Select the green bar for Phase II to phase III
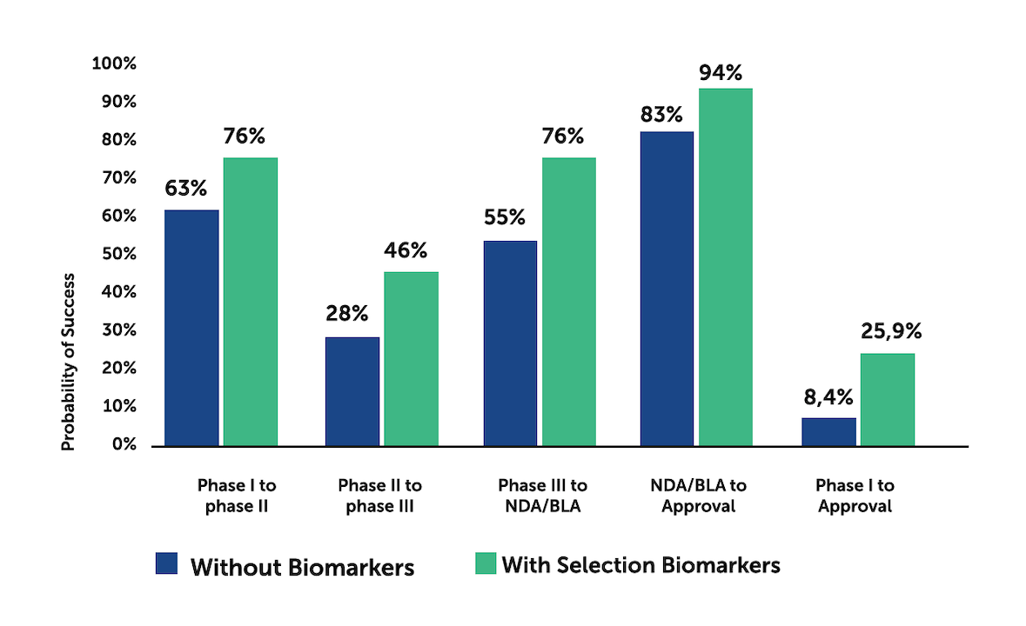tap(411, 358)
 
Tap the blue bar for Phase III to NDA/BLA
tap(510, 343)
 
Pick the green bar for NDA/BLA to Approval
tap(725, 267)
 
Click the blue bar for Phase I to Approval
tap(828, 431)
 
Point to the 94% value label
tap(725, 73)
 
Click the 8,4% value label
tap(828, 397)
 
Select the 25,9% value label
tap(889, 331)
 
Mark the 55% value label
tap(509, 217)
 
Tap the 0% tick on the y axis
tap(124, 444)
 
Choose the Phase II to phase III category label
tap(379, 495)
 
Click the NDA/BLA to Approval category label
tap(698, 495)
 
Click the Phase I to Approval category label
tap(855, 495)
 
